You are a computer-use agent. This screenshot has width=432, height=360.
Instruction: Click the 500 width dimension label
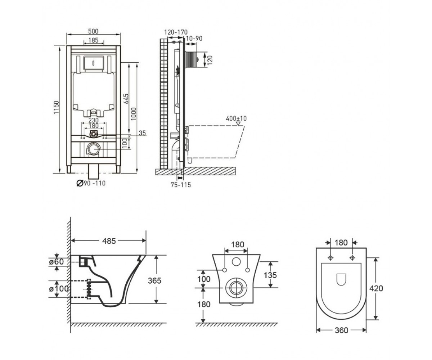[x=93, y=31]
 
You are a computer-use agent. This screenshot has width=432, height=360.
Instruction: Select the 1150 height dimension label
[x=56, y=107]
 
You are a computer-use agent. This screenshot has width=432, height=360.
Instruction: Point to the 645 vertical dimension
[x=126, y=99]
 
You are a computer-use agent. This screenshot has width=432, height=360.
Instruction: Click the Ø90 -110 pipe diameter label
[x=91, y=183]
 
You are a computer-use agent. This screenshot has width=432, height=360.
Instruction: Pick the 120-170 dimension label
[x=176, y=32]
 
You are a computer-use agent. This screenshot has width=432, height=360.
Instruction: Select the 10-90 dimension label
[x=194, y=39]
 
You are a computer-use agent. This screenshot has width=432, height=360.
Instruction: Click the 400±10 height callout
[x=236, y=118]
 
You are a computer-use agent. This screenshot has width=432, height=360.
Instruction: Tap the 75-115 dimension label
[x=181, y=185]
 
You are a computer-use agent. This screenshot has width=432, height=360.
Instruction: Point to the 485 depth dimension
[x=109, y=241]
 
